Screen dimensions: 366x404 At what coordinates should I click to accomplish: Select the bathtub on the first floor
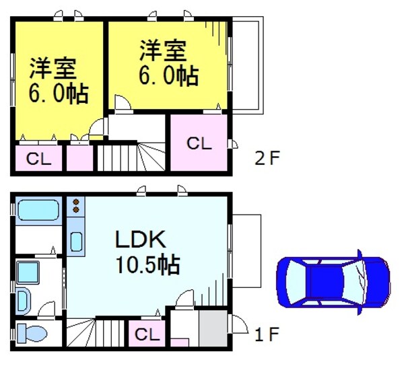tap(38, 211)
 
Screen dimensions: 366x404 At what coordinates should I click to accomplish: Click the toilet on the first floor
tap(32, 332)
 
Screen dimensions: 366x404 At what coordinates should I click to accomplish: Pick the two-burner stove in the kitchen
tap(75, 205)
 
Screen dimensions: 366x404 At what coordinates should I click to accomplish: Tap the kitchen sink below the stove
tap(75, 240)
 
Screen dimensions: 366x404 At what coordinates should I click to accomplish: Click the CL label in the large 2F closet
tap(199, 143)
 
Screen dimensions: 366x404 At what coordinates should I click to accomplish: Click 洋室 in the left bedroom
tap(53, 69)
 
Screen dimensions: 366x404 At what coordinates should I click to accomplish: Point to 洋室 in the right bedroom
tap(164, 50)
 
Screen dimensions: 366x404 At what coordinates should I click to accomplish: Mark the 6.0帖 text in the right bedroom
tap(168, 75)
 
